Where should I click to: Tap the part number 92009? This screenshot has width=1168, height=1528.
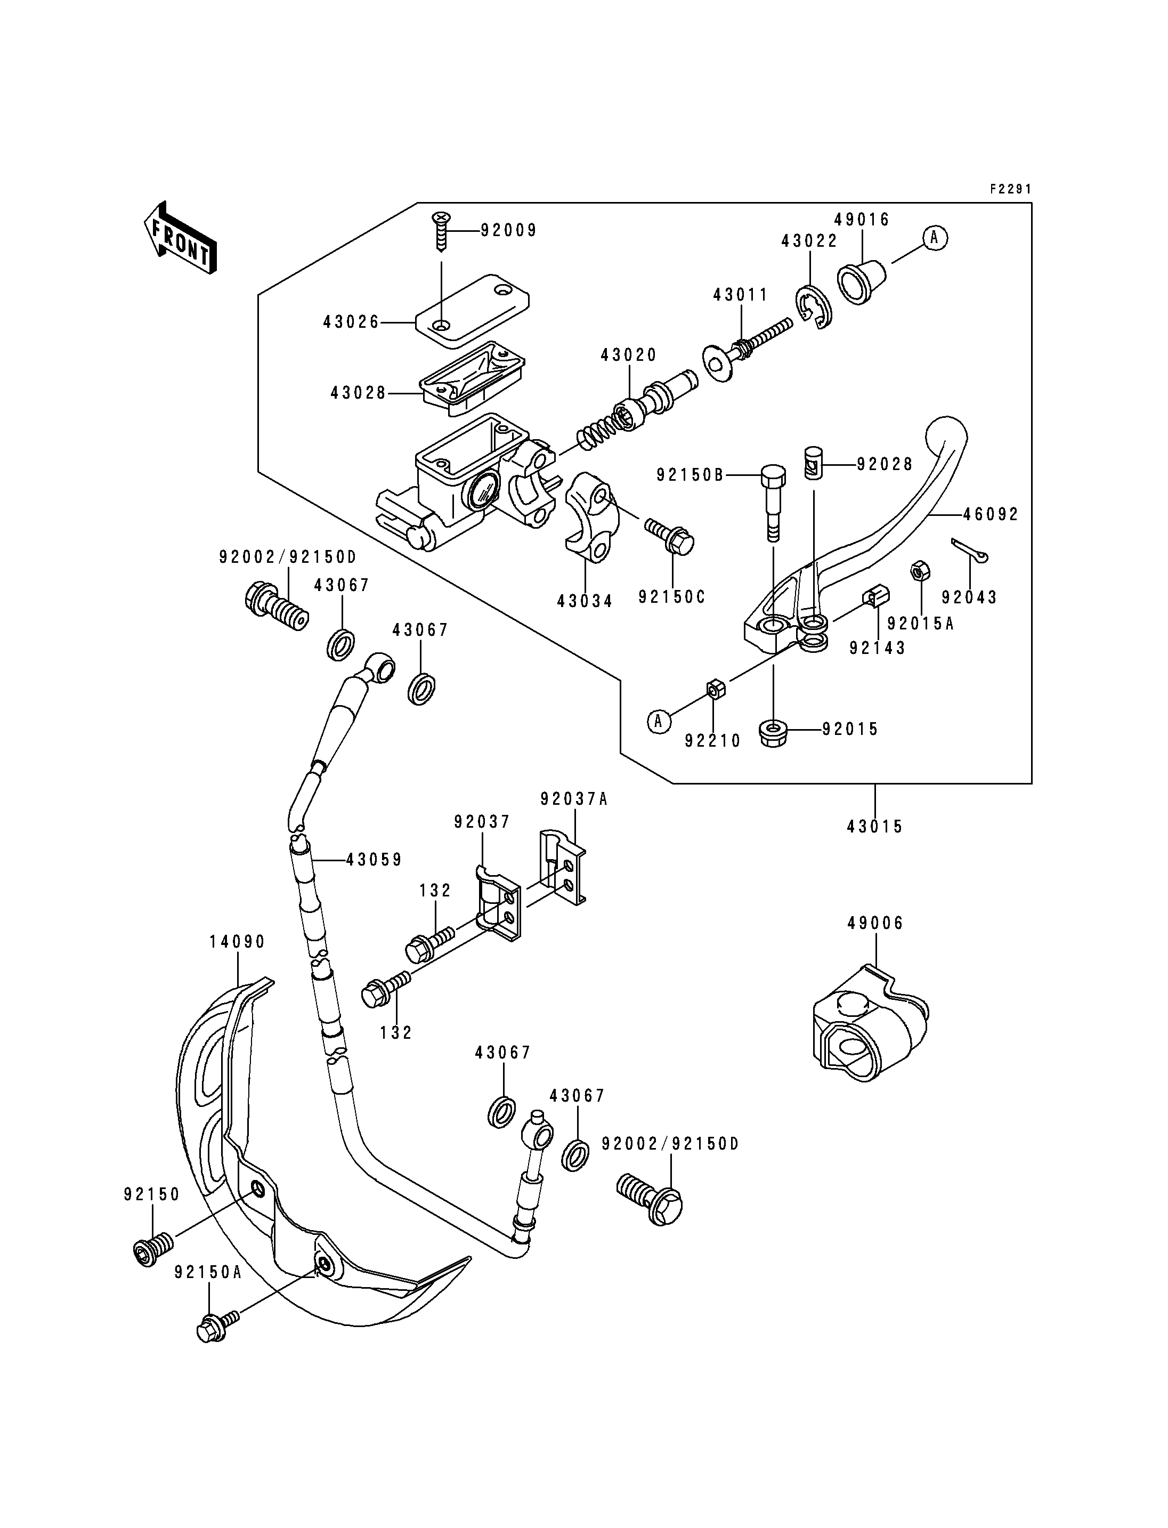pyautogui.click(x=509, y=230)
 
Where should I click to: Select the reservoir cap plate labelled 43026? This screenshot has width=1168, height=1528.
pyautogui.click(x=472, y=310)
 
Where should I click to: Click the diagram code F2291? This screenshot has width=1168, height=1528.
pyautogui.click(x=1011, y=189)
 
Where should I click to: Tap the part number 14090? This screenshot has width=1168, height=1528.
pyautogui.click(x=237, y=942)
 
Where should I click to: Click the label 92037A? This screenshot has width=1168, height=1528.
pyautogui.click(x=574, y=799)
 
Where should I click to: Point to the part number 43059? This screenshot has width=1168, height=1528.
pyautogui.click(x=374, y=860)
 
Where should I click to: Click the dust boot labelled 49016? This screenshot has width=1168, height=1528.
pyautogui.click(x=862, y=282)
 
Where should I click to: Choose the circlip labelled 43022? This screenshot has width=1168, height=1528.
pyautogui.click(x=813, y=306)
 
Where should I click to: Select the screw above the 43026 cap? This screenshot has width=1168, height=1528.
pyautogui.click(x=441, y=232)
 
